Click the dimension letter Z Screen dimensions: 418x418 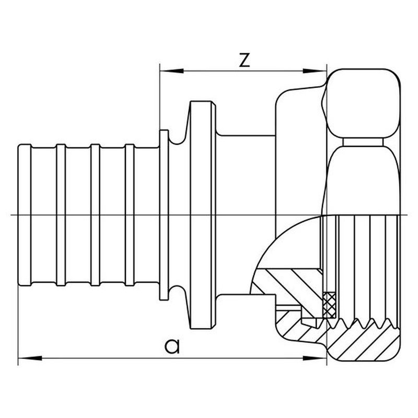245,60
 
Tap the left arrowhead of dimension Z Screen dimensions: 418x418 172,71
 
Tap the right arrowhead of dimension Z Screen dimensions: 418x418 315,71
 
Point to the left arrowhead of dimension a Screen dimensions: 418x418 30,358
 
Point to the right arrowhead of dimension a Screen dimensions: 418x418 315,358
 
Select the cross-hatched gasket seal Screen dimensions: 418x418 330,305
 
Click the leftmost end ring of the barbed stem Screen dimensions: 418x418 25,215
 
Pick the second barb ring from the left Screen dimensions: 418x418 61,215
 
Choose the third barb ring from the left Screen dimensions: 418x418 95,215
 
